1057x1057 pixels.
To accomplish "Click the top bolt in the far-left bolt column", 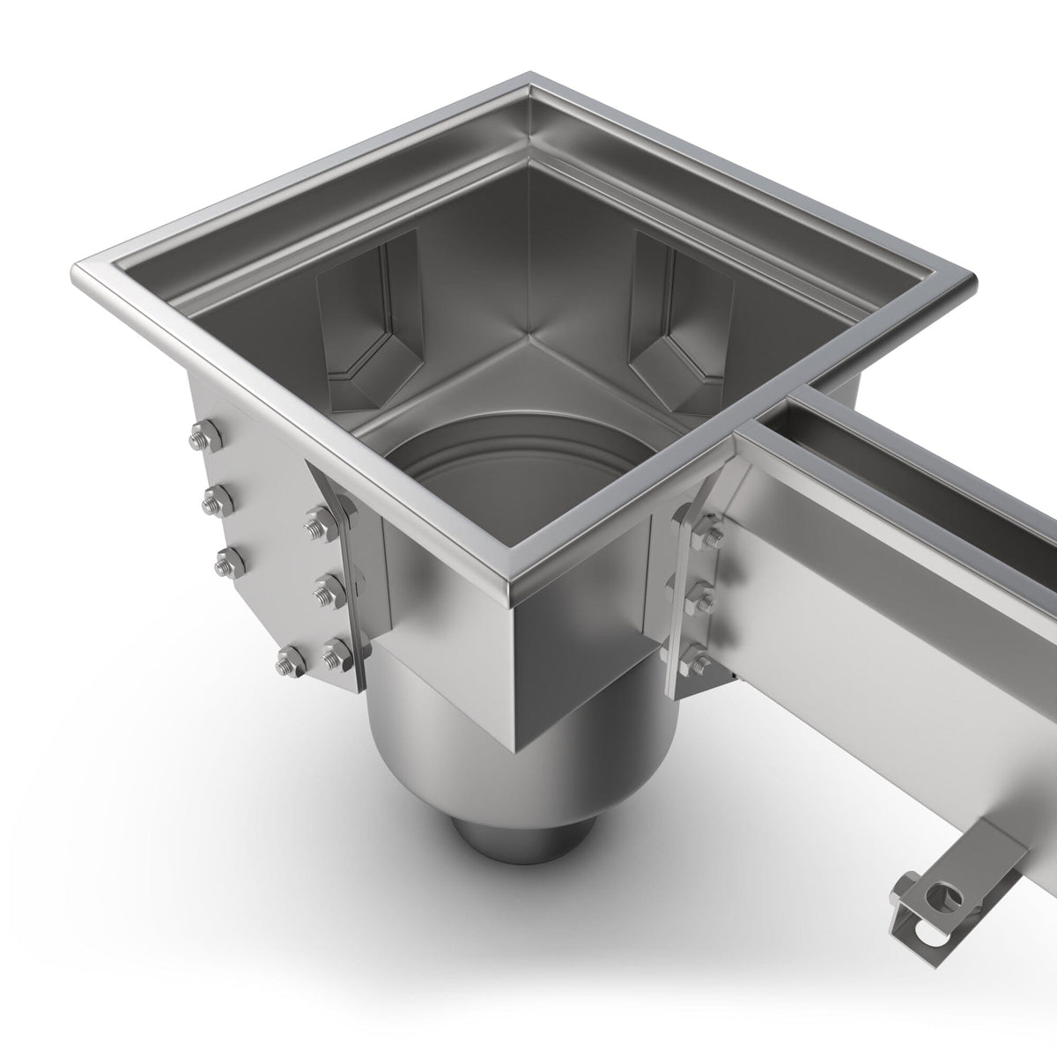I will (x=197, y=435).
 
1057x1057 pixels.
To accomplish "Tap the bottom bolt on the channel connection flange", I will (x=696, y=655).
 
